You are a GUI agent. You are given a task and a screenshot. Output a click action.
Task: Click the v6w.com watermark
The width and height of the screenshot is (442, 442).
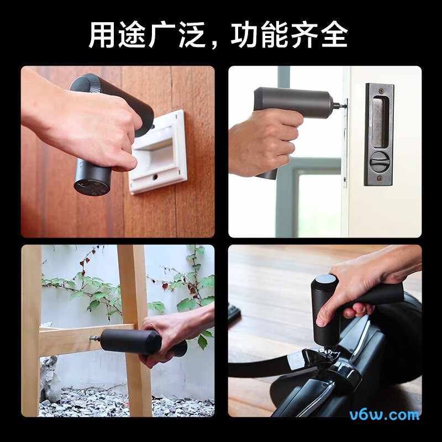tap(384, 415)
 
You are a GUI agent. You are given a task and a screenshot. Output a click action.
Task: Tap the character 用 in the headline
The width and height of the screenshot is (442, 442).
tap(102, 35)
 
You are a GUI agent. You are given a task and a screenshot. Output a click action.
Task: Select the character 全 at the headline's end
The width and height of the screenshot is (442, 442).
tap(334, 35)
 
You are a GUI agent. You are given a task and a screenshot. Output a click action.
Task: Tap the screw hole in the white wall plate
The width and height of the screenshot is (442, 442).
tap(155, 177)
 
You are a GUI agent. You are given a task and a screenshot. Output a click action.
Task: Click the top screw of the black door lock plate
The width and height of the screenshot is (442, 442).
tap(381, 91)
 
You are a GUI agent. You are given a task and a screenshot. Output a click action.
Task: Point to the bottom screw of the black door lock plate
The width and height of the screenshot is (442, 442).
tap(379, 178)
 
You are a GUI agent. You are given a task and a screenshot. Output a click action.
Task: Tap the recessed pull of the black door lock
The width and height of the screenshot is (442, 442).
tap(380, 122)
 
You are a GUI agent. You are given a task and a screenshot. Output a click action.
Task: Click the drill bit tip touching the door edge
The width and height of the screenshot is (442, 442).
tap(345, 106)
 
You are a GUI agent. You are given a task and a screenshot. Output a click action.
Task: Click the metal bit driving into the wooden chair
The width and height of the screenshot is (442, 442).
tap(94, 338)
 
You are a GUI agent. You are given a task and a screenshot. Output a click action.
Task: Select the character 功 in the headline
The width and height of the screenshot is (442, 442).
tap(244, 35)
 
